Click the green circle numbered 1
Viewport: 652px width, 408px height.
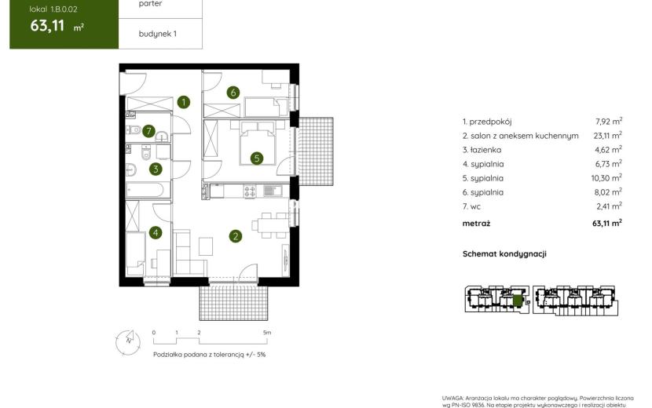pos(183,102)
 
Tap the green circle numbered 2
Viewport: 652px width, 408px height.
pos(236,236)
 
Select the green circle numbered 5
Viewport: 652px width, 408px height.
pos(257,158)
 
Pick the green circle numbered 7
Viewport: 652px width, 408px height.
pos(149,131)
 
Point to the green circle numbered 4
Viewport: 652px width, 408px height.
pos(156,232)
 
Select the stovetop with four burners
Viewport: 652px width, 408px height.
pos(250,191)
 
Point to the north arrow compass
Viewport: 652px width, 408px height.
pos(128,342)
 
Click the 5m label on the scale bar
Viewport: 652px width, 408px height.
pos(267,333)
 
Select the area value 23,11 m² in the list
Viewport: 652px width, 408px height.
pos(607,135)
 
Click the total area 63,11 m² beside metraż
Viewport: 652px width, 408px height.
pos(607,223)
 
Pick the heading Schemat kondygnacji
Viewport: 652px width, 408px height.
pos(504,254)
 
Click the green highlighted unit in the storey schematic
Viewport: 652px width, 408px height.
pos(517,301)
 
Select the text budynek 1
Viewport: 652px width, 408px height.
pos(158,34)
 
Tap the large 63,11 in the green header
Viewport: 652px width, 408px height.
pos(47,26)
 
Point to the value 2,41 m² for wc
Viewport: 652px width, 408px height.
pos(609,206)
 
